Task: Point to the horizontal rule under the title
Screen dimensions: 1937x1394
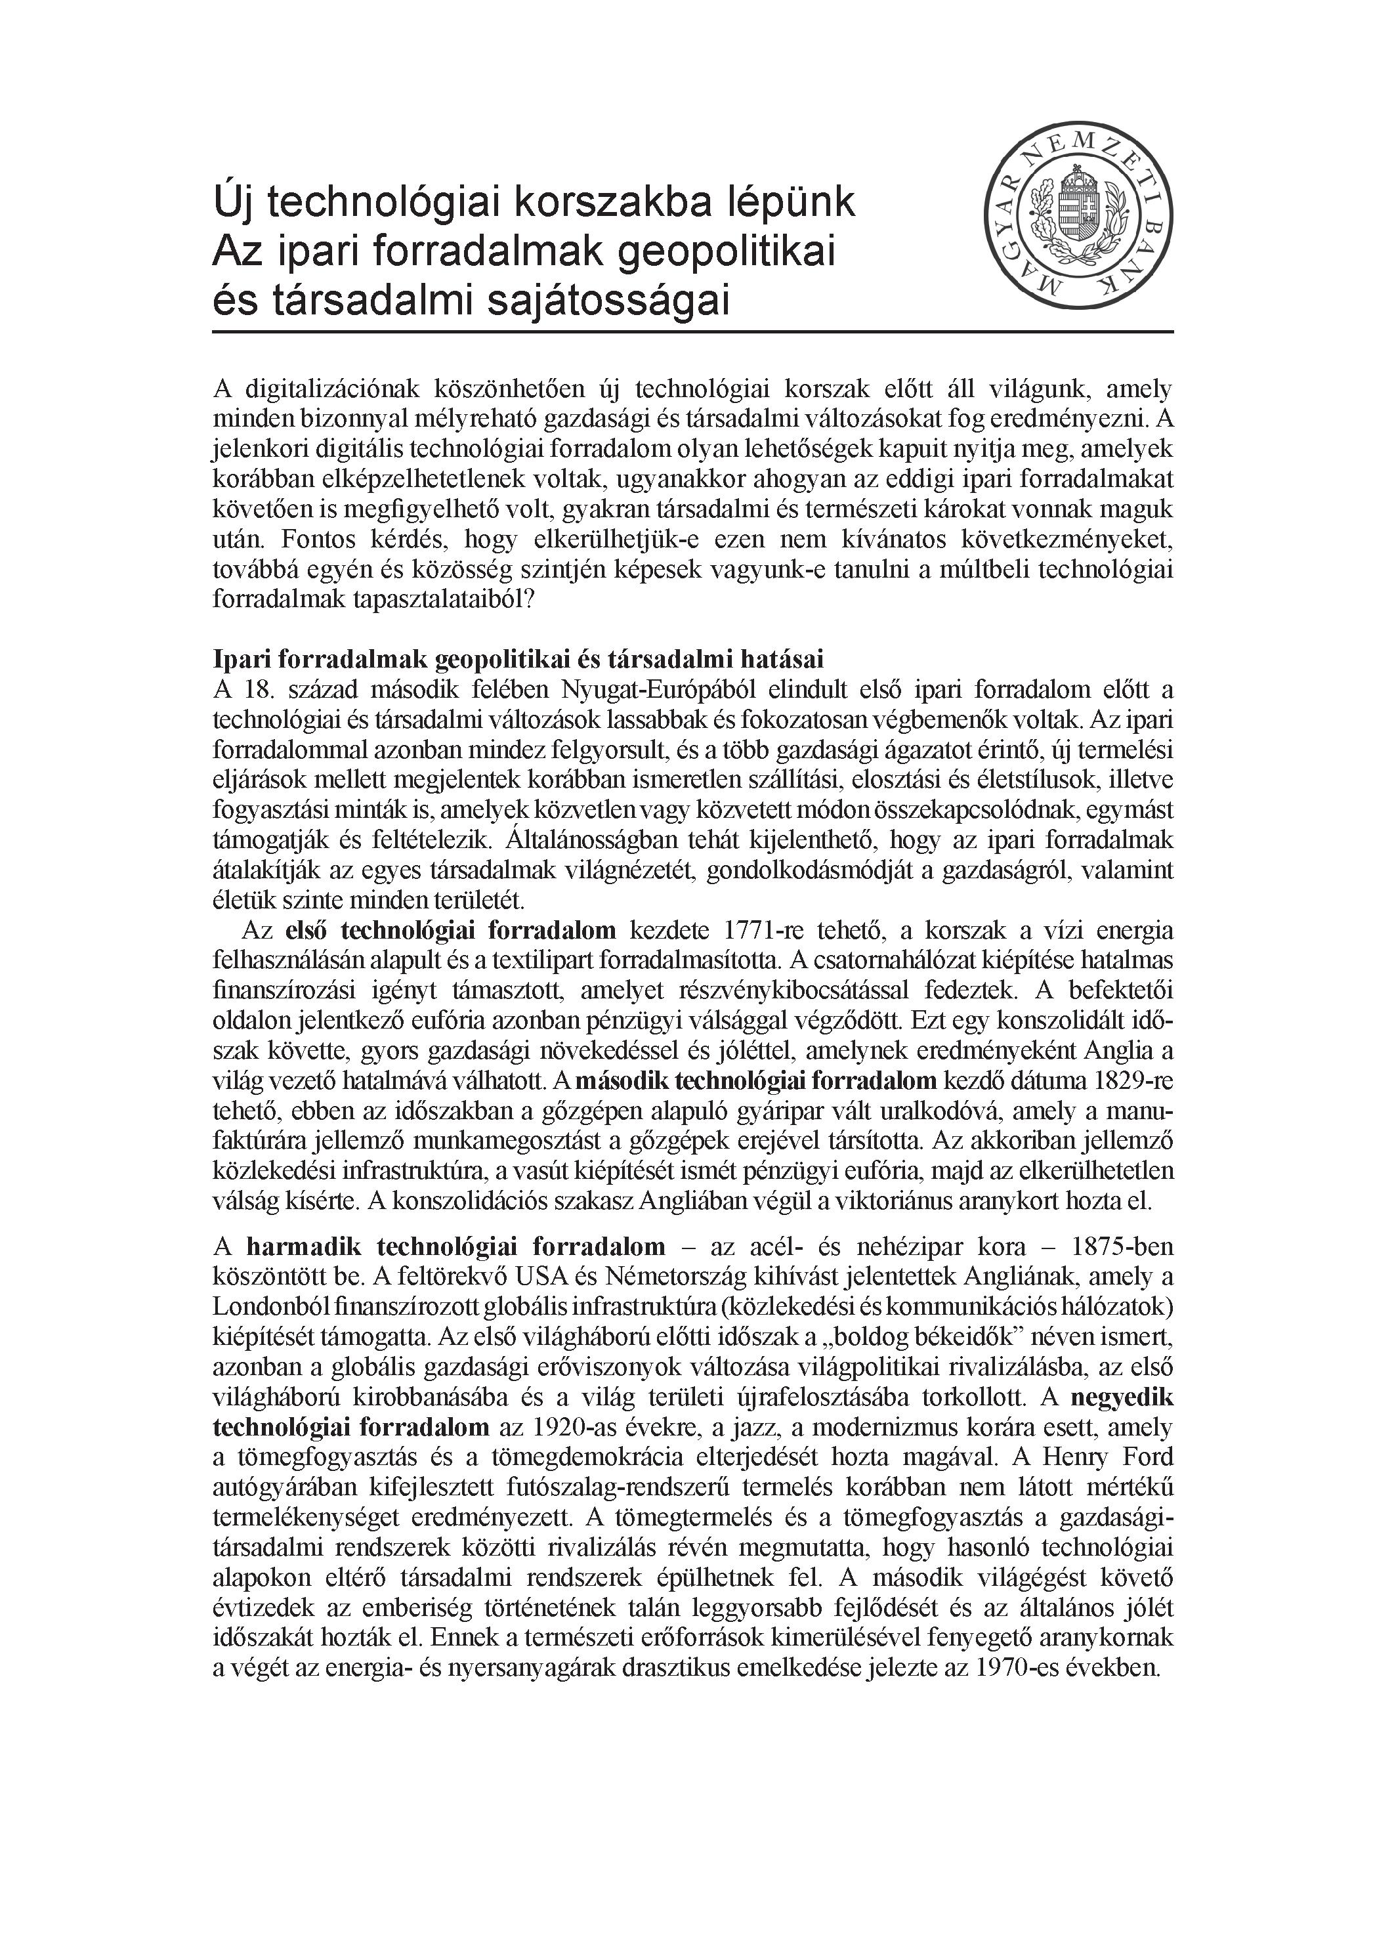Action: [692, 331]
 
